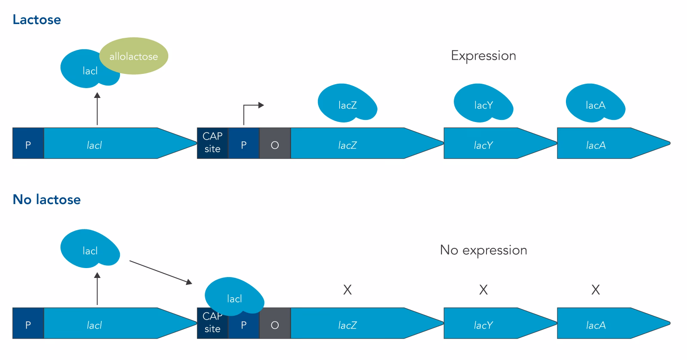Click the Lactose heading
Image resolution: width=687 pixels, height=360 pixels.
[36, 20]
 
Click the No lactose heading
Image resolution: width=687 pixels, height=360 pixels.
[46, 200]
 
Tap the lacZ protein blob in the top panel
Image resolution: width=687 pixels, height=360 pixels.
[347, 103]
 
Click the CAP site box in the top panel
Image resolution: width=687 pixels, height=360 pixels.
[212, 143]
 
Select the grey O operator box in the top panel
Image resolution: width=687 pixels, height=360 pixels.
[275, 143]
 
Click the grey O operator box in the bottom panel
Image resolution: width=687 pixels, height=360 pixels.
[275, 323]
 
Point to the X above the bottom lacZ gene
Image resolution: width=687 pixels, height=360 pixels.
[347, 290]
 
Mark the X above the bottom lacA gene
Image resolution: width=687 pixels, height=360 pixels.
[595, 290]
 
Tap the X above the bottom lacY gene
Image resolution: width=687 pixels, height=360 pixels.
[483, 290]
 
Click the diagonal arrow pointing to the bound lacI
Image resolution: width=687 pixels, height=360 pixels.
[161, 272]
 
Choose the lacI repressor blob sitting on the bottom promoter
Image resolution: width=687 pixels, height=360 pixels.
[234, 296]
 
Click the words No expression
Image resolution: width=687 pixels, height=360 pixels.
[483, 250]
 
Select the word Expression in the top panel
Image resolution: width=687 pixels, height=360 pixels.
[483, 56]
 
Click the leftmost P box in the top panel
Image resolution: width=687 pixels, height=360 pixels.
[28, 143]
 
